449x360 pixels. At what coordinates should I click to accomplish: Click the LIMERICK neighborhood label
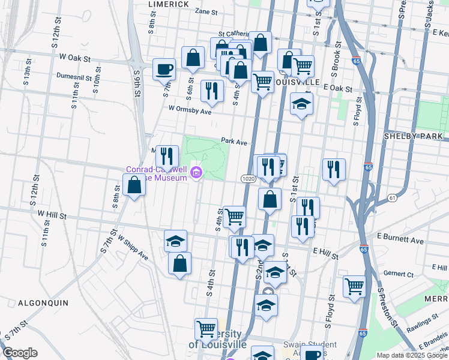(169, 4)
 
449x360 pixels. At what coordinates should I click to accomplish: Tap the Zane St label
(206, 11)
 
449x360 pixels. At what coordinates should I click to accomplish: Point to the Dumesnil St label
(73, 77)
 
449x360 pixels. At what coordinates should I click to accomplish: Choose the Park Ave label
(234, 142)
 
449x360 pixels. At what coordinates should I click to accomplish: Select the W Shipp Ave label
(133, 247)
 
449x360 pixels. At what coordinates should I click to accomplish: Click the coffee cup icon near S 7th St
(164, 70)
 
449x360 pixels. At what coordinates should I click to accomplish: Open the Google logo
(20, 353)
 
